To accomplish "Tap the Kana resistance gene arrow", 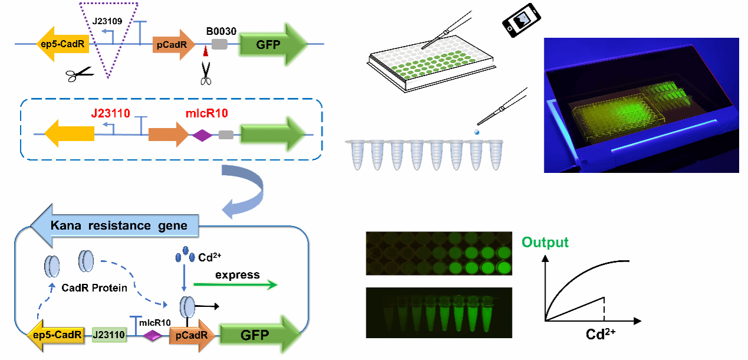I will click(118, 225).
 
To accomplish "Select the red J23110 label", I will click(110, 112).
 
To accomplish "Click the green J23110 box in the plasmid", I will click(109, 335).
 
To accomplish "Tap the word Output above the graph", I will click(545, 243).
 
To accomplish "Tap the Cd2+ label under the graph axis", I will click(601, 335).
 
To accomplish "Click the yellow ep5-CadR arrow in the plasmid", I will click(55, 336).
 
